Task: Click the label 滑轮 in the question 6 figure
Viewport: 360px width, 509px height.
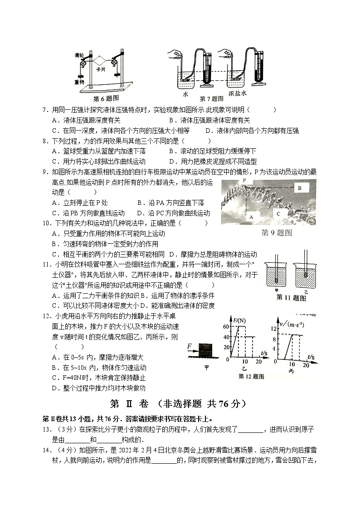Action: [78, 55]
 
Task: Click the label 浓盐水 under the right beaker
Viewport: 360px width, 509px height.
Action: [237, 94]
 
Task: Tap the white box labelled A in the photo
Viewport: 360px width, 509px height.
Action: [250, 217]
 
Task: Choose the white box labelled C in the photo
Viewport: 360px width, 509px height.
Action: [278, 213]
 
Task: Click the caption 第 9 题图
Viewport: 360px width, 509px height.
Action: [277, 233]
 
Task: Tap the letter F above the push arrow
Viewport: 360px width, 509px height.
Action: [189, 347]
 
